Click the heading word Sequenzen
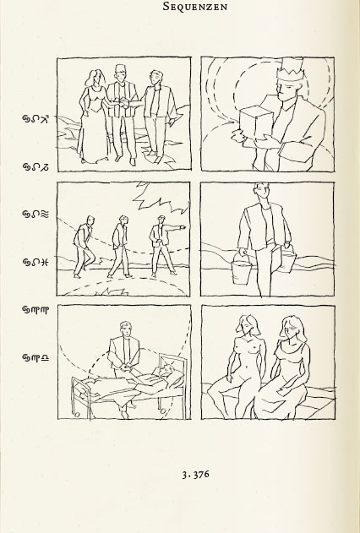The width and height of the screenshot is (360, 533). [195, 6]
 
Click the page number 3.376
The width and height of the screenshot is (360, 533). [195, 475]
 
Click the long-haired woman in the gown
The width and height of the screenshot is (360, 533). [92, 116]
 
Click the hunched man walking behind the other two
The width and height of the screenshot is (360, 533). [83, 247]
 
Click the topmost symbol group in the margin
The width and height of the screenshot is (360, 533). [35, 118]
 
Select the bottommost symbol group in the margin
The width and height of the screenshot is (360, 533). [35, 357]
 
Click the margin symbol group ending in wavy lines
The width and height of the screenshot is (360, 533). [35, 214]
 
